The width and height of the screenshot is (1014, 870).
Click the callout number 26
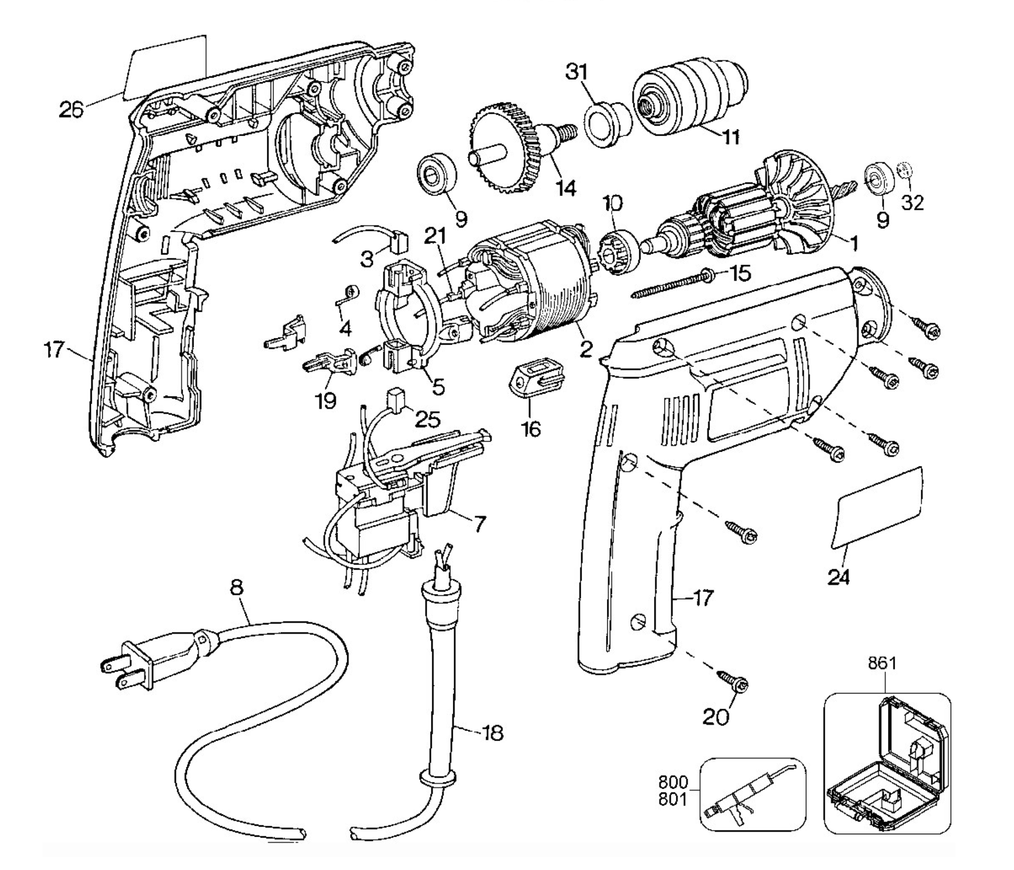point(71,109)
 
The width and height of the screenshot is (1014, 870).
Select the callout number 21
point(435,237)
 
